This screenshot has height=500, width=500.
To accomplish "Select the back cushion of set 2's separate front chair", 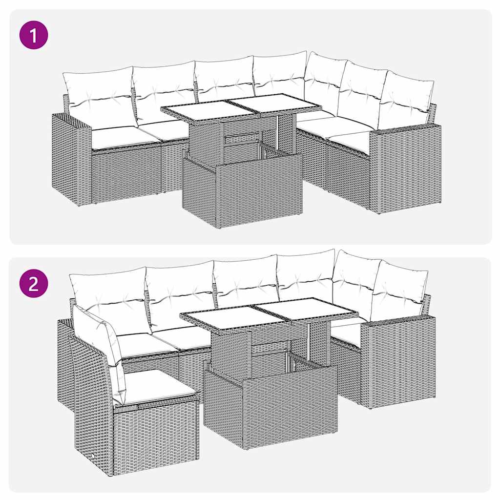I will coord(100,342).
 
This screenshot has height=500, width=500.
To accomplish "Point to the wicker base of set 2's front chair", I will coord(146,435).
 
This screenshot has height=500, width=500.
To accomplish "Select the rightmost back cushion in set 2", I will coord(398,291).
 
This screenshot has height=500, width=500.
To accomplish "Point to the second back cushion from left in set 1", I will coord(164,90).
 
